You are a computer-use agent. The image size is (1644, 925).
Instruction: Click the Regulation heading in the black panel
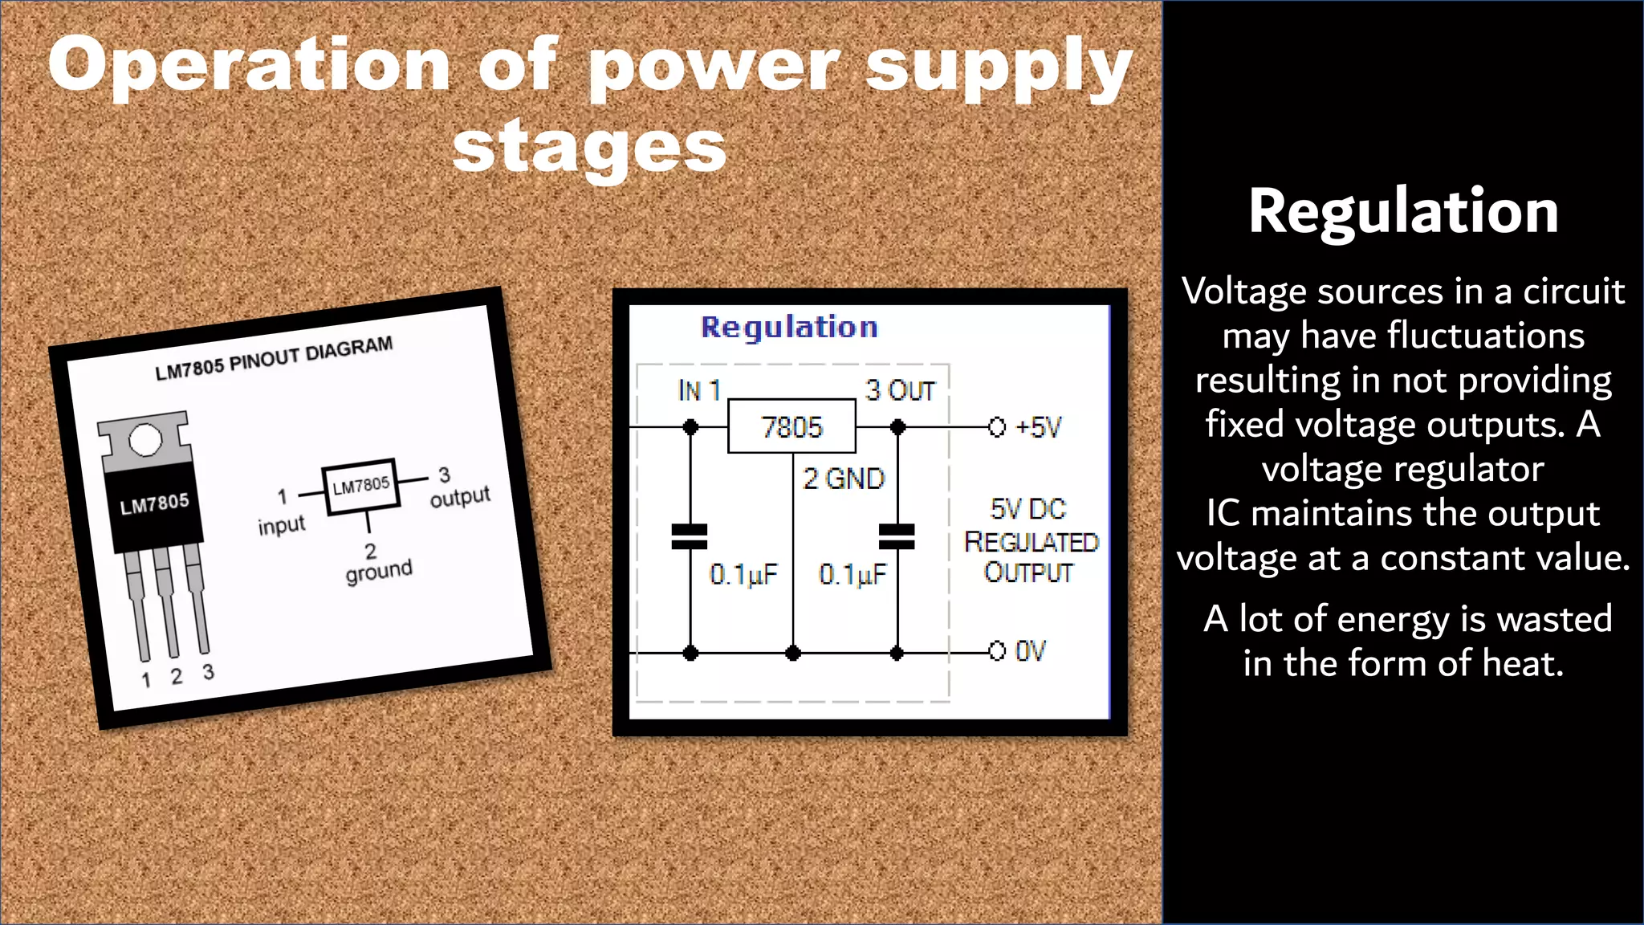[x=1402, y=211]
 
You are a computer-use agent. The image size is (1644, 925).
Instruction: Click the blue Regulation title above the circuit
[x=789, y=327]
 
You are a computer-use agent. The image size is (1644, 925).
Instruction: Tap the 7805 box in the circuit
[x=791, y=426]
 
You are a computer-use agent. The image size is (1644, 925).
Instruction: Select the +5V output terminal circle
[x=997, y=427]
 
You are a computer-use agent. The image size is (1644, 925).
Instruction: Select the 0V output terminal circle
[x=997, y=650]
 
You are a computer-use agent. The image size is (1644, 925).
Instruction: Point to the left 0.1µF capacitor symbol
[x=690, y=536]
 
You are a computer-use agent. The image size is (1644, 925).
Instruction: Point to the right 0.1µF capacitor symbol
[x=897, y=536]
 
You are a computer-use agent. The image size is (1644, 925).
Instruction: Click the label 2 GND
[x=844, y=479]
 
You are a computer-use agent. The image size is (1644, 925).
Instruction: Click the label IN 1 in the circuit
[x=699, y=390]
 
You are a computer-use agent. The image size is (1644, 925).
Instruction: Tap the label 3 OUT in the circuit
[x=901, y=390]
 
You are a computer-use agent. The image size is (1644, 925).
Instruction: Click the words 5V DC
[x=1027, y=509]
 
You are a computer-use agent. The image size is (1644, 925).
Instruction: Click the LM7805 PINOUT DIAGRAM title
[x=274, y=358]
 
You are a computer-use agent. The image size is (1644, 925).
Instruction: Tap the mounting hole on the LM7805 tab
[x=145, y=440]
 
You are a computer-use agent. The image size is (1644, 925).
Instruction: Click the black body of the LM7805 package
[x=154, y=506]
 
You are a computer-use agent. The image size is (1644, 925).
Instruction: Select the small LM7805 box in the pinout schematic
[x=361, y=486]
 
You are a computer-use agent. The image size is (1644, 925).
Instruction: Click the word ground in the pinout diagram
[x=379, y=571]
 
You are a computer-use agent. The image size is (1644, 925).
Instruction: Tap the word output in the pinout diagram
[x=459, y=497]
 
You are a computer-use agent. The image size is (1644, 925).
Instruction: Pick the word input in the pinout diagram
[x=281, y=525]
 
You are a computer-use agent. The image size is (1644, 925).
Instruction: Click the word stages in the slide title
[x=589, y=149]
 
